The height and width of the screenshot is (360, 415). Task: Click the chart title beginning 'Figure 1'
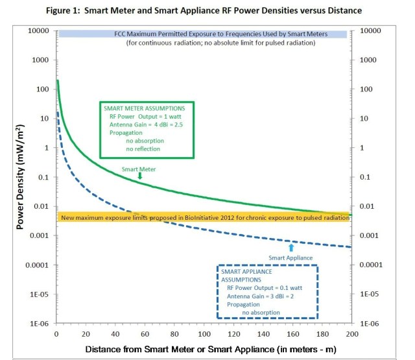[x=207, y=10]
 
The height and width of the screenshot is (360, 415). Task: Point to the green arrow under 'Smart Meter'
[x=139, y=175]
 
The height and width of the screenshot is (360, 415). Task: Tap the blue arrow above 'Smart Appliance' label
[x=291, y=247]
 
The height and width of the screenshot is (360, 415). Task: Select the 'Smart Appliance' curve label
[x=290, y=258]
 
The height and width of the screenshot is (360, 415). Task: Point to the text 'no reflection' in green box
[x=143, y=149]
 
